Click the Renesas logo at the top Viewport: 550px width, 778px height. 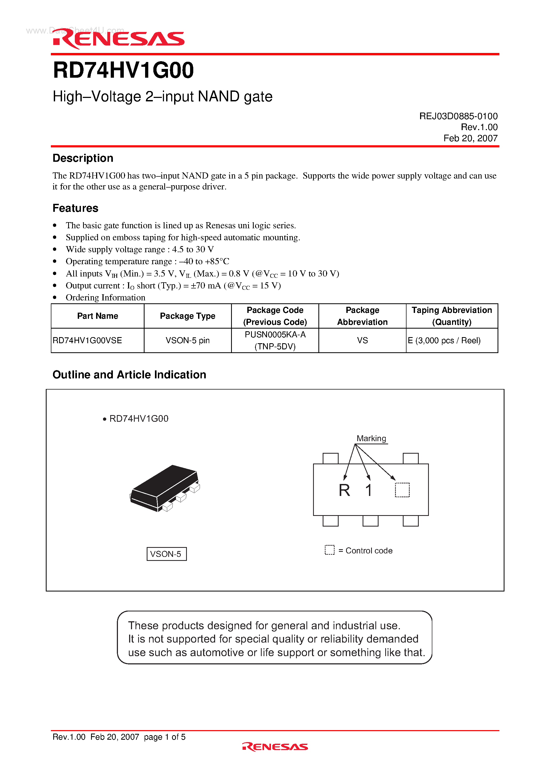119,39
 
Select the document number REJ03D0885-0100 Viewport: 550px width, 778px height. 458,116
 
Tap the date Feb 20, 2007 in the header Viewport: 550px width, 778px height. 470,138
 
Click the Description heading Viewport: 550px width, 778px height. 83,158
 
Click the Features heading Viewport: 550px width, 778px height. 75,208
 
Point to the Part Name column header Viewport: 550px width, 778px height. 98,316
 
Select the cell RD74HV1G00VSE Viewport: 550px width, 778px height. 88,340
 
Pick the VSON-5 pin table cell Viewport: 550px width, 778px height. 187,340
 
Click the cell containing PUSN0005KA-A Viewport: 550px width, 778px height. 275,335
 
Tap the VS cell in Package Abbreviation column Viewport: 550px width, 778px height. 362,340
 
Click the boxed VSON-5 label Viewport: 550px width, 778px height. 166,554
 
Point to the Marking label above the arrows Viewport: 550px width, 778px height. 371,438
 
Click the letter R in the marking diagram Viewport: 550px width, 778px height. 344,490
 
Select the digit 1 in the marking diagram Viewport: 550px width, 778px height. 369,490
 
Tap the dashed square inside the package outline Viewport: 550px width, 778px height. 402,490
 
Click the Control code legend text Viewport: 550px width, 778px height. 369,551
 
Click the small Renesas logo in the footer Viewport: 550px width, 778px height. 275,747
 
